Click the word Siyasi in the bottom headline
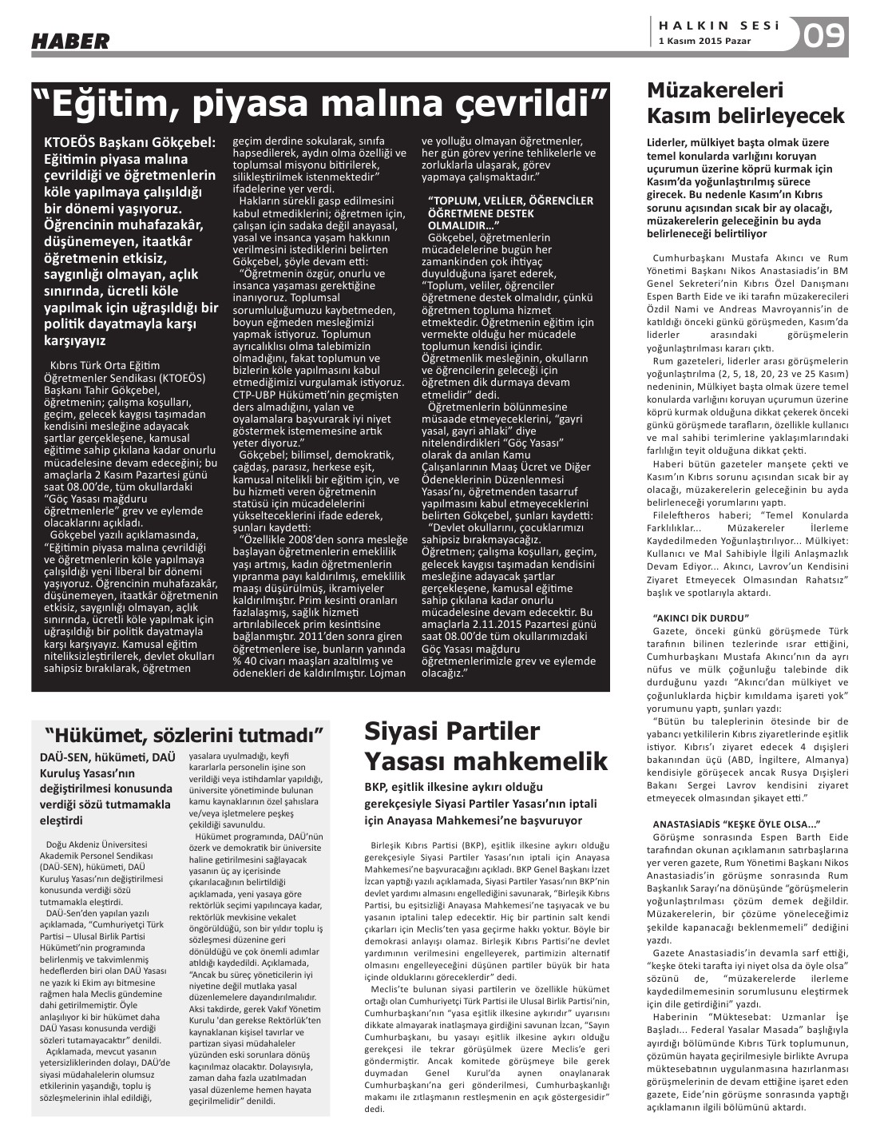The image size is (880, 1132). (x=405, y=731)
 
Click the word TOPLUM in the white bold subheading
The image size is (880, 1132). (x=456, y=202)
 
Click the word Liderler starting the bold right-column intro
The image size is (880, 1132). (x=671, y=142)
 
